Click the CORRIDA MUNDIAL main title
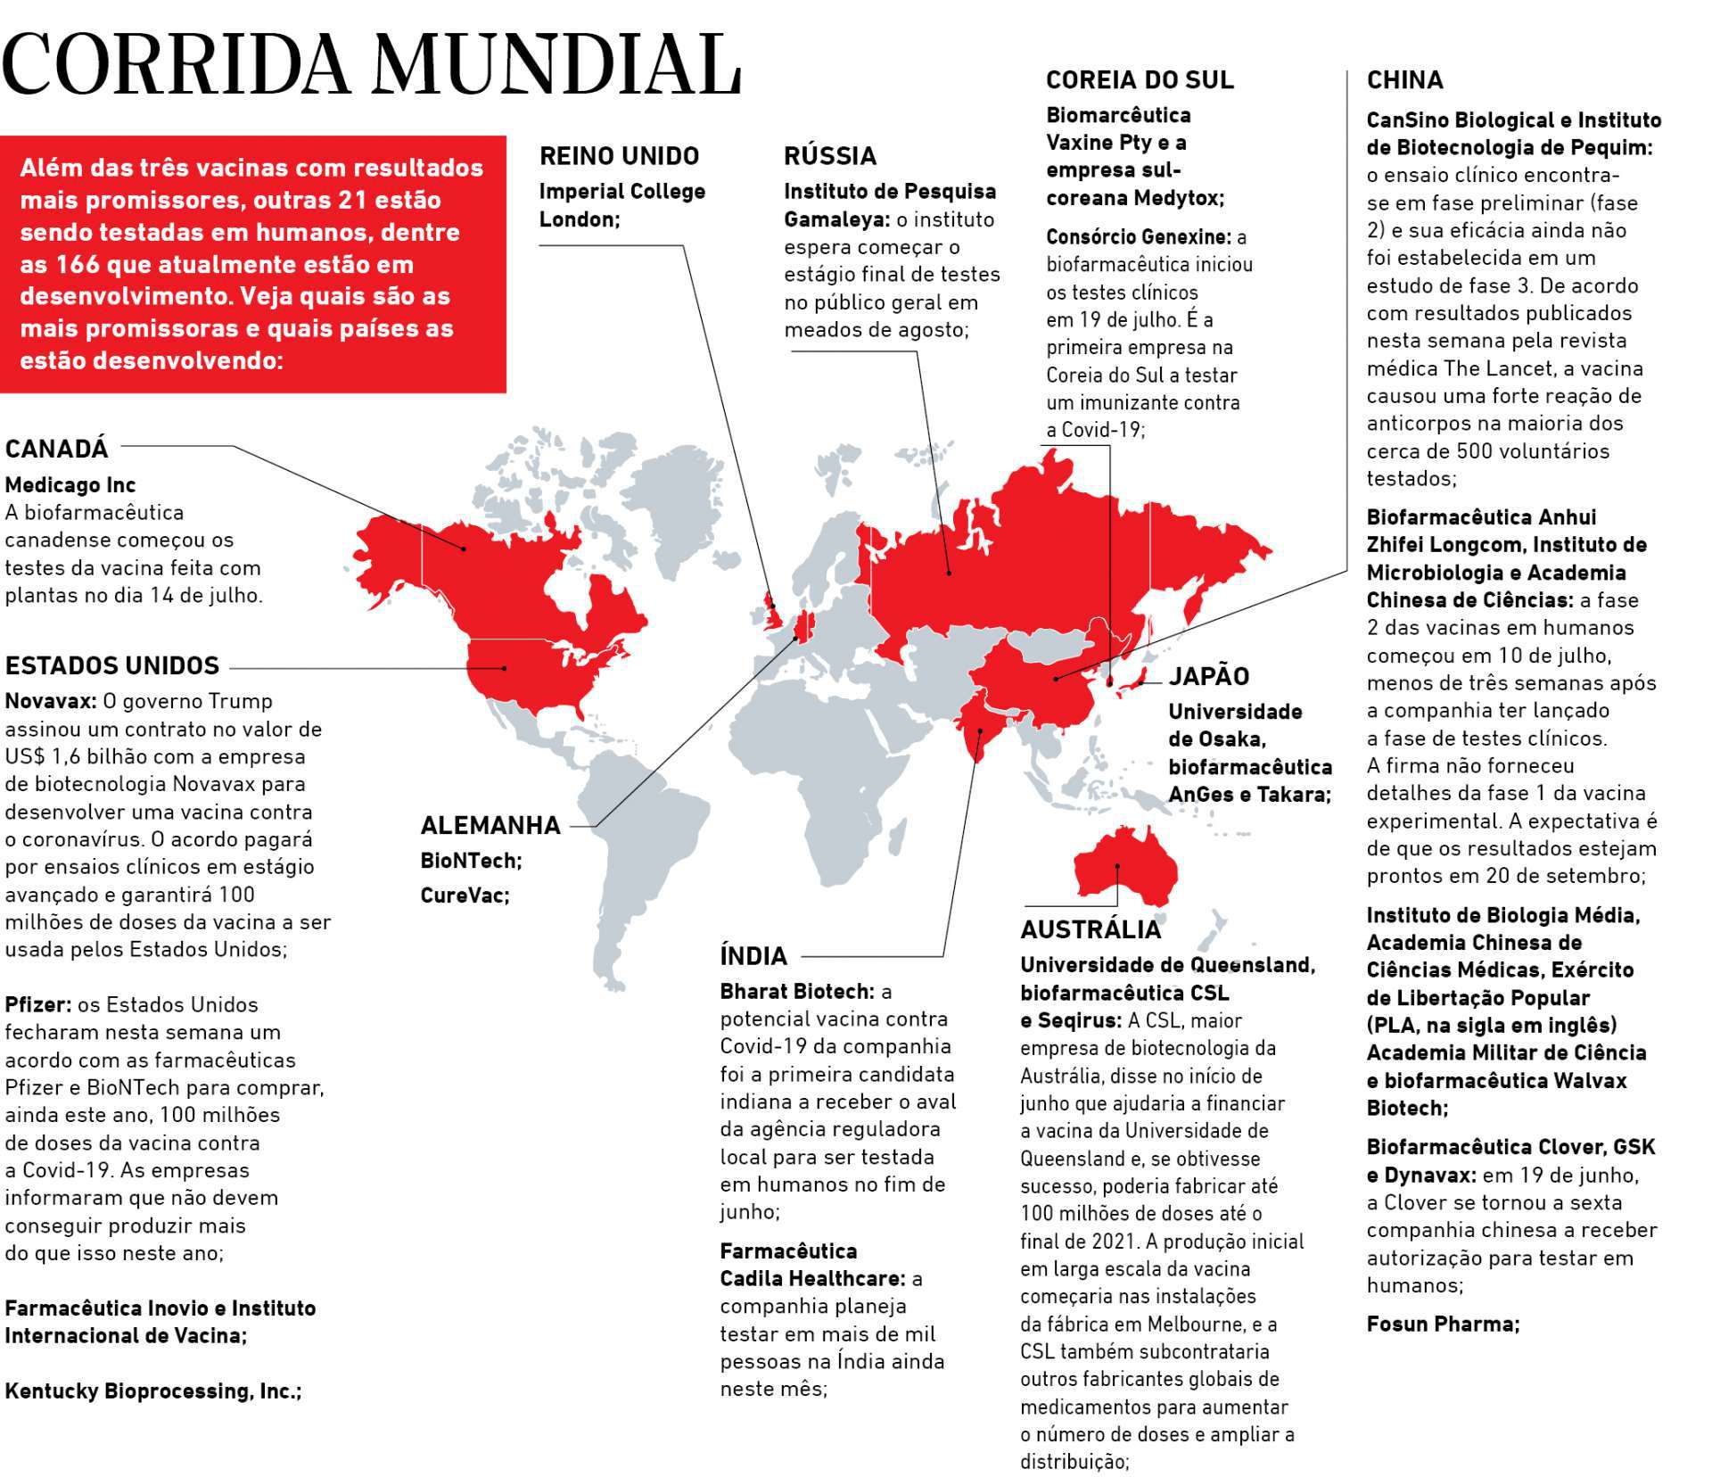tap(371, 64)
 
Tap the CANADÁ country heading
tap(56, 449)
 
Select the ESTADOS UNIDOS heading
tap(112, 666)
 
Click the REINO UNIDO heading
tap(619, 156)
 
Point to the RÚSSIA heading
tap(830, 156)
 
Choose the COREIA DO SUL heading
tap(1140, 80)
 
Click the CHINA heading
tap(1404, 80)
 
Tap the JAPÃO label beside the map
tap(1209, 676)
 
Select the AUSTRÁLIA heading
tap(1091, 929)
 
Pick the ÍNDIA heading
tap(753, 956)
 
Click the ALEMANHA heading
tap(490, 825)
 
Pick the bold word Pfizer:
tap(37, 1004)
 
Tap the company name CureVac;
tap(465, 895)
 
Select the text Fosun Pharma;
tap(1443, 1324)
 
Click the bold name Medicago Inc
tap(70, 485)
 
